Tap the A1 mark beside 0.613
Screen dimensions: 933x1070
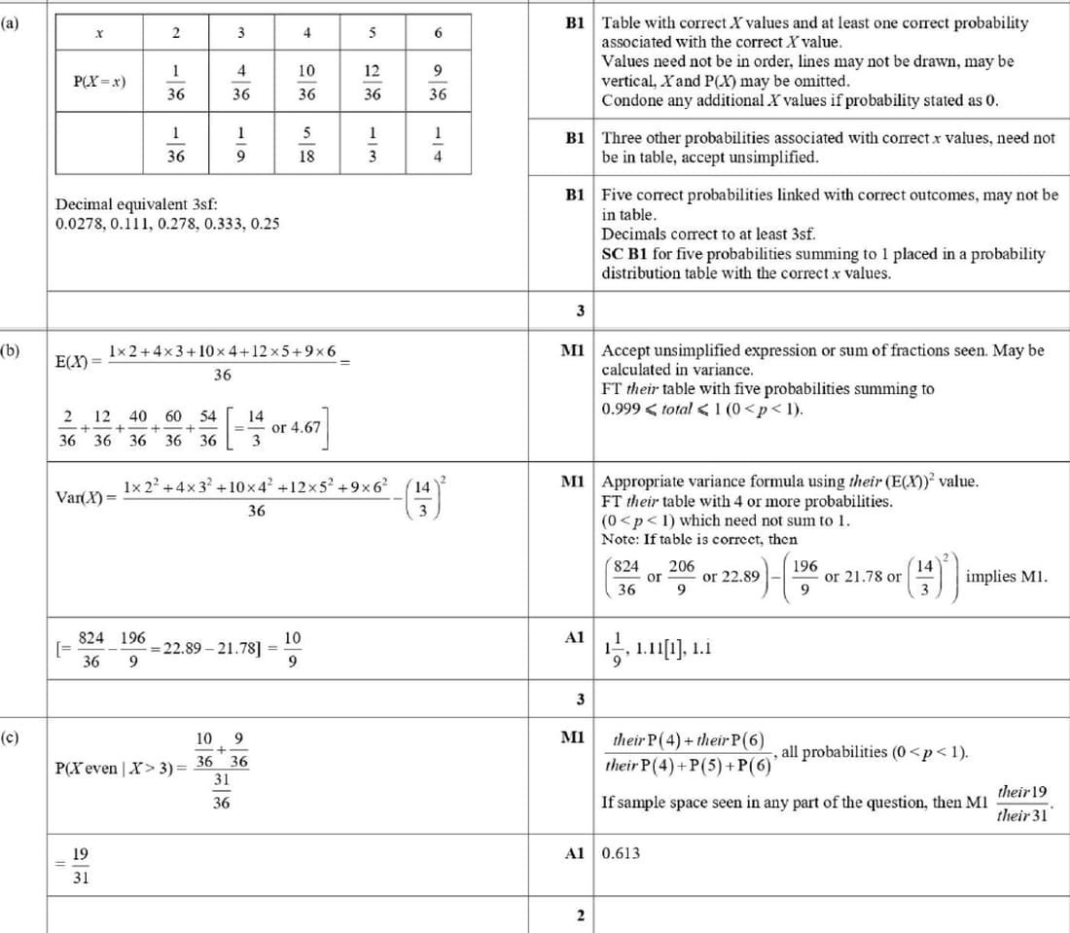(574, 853)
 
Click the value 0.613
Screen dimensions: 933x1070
(621, 853)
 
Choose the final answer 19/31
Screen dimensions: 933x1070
(81, 864)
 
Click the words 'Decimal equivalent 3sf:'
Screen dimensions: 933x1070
(136, 204)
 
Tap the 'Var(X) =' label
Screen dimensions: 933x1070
(86, 498)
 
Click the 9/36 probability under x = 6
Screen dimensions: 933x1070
(438, 83)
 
